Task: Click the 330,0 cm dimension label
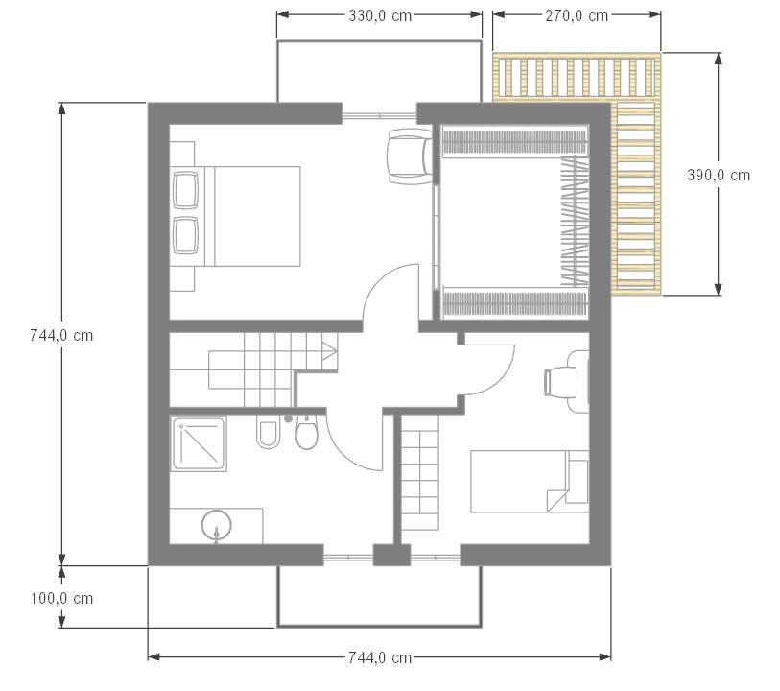point(380,16)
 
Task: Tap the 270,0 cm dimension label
point(577,16)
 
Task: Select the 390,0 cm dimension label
point(719,175)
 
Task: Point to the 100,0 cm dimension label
point(61,598)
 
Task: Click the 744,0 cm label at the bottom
point(380,657)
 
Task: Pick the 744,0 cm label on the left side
point(61,335)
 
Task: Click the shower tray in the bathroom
point(199,443)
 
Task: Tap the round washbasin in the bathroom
point(217,525)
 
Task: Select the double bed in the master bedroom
point(235,216)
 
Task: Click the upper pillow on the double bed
point(185,189)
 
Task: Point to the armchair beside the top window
point(410,156)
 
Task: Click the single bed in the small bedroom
point(530,482)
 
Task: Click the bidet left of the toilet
point(268,433)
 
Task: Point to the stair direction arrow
point(329,349)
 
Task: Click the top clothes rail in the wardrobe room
point(514,141)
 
